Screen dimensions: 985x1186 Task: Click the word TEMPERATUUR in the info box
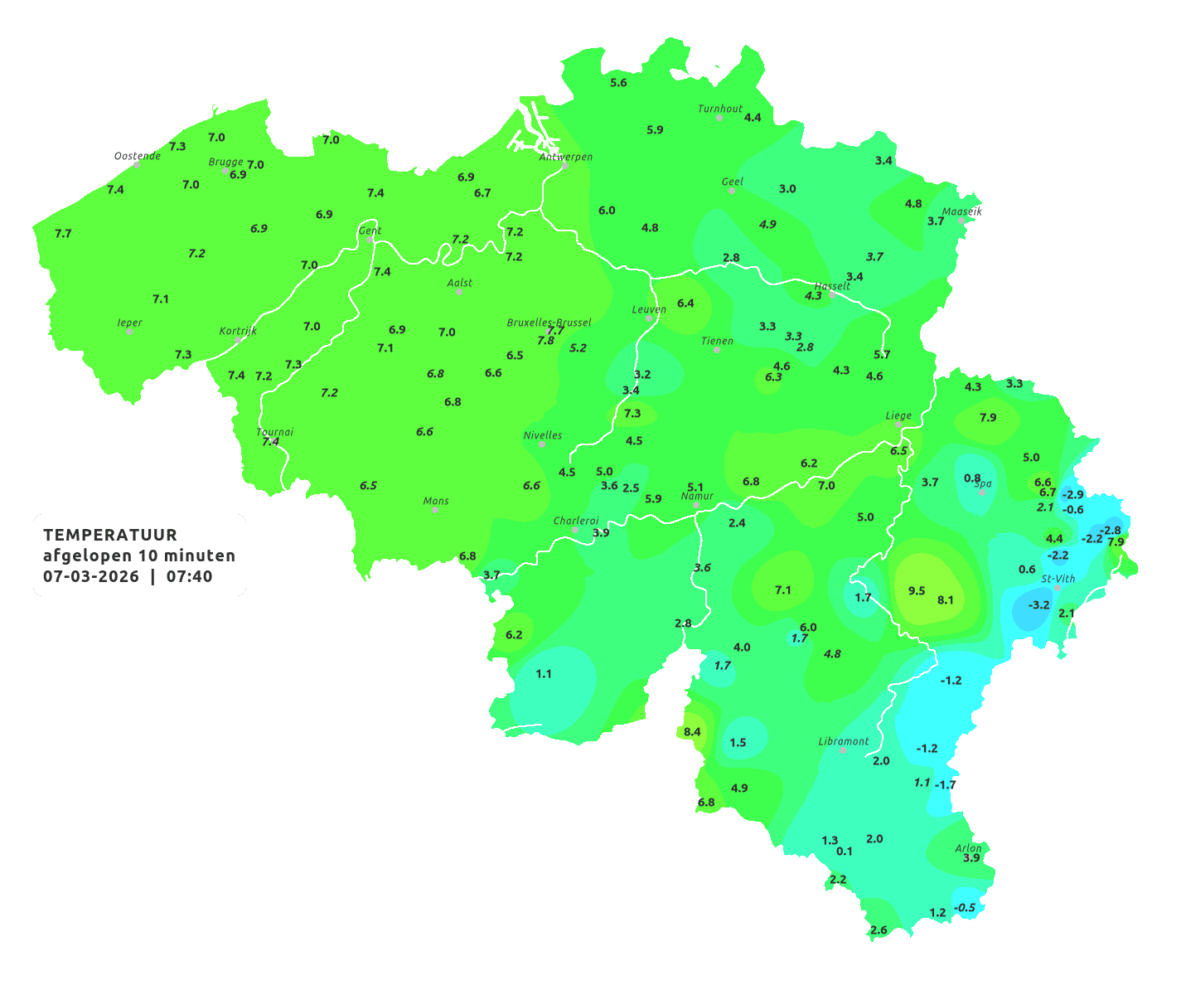pos(110,535)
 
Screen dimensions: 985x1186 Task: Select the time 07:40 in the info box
pos(189,576)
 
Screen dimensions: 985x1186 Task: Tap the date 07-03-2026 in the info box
pos(91,576)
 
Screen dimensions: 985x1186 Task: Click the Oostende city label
pos(138,156)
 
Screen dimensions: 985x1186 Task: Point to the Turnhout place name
pos(720,109)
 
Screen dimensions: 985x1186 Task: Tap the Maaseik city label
pos(961,211)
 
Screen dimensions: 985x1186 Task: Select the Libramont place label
pos(844,741)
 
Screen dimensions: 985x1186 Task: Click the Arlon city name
pos(968,848)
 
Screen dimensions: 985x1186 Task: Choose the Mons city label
pos(436,501)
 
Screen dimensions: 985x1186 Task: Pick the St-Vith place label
pos(1058,579)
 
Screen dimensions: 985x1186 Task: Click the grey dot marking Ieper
pos(129,331)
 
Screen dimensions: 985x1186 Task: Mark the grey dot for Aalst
pos(459,292)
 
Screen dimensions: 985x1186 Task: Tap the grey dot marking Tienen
pos(717,350)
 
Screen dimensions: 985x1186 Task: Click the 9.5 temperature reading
pos(917,590)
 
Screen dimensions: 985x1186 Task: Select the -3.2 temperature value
pos(1038,604)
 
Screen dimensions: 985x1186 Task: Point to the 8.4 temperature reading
pos(692,731)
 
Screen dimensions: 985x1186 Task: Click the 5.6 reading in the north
pos(618,82)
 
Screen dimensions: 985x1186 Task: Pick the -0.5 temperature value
pos(965,907)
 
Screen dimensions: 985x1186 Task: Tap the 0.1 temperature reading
pos(845,851)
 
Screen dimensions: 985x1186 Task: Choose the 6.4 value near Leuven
pos(685,303)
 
